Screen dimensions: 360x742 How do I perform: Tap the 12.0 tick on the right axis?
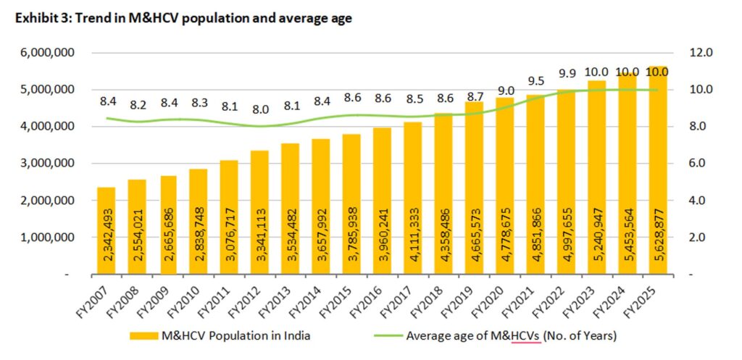tap(685, 53)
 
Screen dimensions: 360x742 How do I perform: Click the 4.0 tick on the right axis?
tap(685, 200)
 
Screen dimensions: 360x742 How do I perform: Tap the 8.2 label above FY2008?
tap(137, 104)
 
